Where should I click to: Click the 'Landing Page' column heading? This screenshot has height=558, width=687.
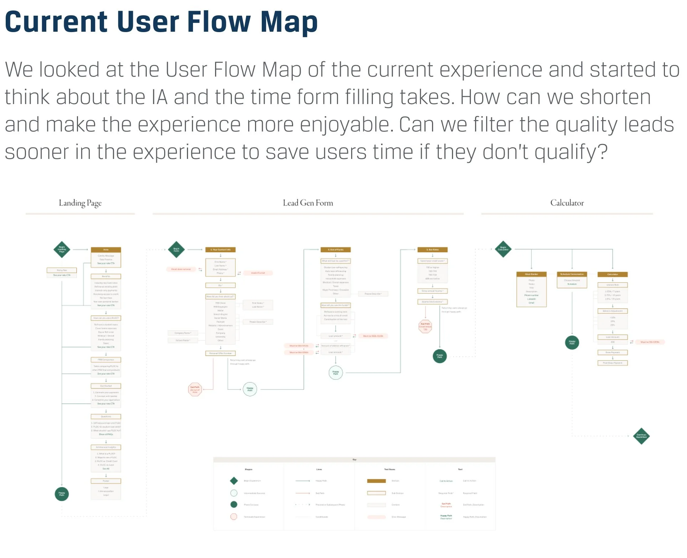pyautogui.click(x=80, y=203)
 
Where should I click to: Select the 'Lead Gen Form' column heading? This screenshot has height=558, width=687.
pyautogui.click(x=308, y=203)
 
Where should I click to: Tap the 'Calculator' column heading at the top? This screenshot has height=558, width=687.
pyautogui.click(x=567, y=203)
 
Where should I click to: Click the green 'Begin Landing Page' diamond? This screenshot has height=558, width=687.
pyautogui.click(x=62, y=249)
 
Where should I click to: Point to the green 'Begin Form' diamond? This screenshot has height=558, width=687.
pyautogui.click(x=176, y=250)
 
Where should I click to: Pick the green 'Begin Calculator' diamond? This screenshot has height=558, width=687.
pyautogui.click(x=503, y=249)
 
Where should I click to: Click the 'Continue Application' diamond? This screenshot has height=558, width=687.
pyautogui.click(x=641, y=436)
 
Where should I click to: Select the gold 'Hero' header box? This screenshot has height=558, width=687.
pyautogui.click(x=106, y=250)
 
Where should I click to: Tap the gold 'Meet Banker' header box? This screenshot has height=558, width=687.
pyautogui.click(x=531, y=274)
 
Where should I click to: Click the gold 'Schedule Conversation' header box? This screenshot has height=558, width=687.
pyautogui.click(x=572, y=274)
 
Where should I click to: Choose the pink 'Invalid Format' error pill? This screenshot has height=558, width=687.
pyautogui.click(x=258, y=273)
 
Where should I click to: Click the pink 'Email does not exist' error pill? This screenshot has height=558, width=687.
pyautogui.click(x=181, y=269)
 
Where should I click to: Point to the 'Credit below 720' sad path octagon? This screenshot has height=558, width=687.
pyautogui.click(x=425, y=326)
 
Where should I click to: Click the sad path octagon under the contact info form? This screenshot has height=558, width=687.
pyautogui.click(x=195, y=389)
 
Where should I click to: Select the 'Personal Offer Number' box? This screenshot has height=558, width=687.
pyautogui.click(x=220, y=353)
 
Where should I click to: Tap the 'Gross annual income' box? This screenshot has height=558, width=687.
pyautogui.click(x=432, y=291)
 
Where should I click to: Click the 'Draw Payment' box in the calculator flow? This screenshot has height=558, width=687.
pyautogui.click(x=613, y=352)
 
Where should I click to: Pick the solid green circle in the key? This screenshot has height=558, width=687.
pyautogui.click(x=234, y=505)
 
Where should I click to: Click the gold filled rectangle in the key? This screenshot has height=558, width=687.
pyautogui.click(x=376, y=481)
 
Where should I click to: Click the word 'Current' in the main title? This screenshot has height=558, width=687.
pyautogui.click(x=56, y=22)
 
